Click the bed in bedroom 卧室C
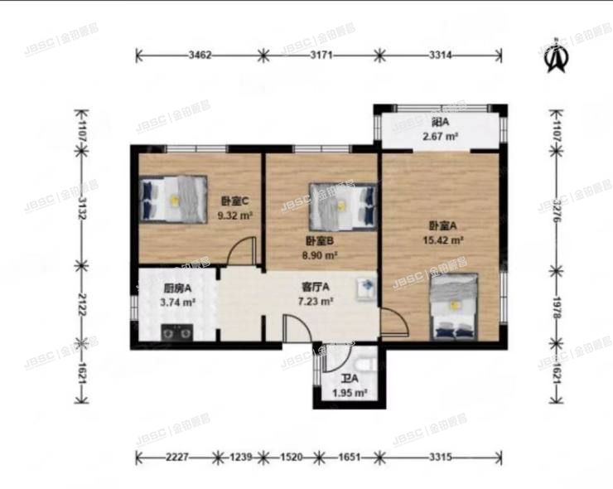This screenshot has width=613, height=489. [x=173, y=200]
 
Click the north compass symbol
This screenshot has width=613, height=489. [x=556, y=57]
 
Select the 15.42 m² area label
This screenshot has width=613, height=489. [x=446, y=242]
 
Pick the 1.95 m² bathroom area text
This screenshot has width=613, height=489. [x=350, y=393]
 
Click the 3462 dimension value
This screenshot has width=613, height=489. [x=200, y=56]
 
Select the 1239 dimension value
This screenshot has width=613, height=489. [x=239, y=457]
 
